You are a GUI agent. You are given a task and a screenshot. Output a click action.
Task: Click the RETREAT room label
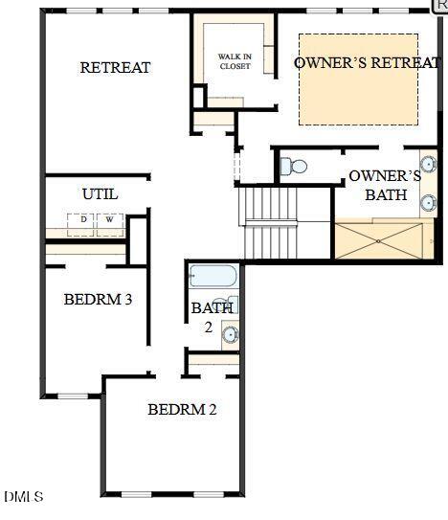click(115, 67)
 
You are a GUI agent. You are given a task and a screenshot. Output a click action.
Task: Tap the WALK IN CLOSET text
click(235, 62)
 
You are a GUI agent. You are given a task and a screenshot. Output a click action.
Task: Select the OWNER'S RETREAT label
click(368, 62)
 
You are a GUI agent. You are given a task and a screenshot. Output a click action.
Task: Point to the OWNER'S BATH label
click(385, 185)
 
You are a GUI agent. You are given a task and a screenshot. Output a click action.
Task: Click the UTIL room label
click(100, 193)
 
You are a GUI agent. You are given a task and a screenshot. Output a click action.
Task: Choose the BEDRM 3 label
click(98, 299)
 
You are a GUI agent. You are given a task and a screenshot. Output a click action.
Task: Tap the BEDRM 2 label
click(182, 409)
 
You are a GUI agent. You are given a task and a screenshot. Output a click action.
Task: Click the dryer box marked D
click(83, 220)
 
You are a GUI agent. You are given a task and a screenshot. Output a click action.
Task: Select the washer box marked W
click(108, 220)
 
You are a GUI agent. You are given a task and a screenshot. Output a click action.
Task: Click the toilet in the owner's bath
click(295, 168)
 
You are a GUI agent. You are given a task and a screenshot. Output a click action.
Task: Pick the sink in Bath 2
click(230, 334)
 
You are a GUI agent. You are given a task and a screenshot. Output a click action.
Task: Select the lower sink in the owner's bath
click(428, 202)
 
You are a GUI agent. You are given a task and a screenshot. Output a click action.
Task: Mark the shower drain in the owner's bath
click(379, 240)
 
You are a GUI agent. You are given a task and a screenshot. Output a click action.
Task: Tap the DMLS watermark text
click(24, 496)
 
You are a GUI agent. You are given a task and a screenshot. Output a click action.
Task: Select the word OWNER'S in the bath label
click(385, 176)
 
